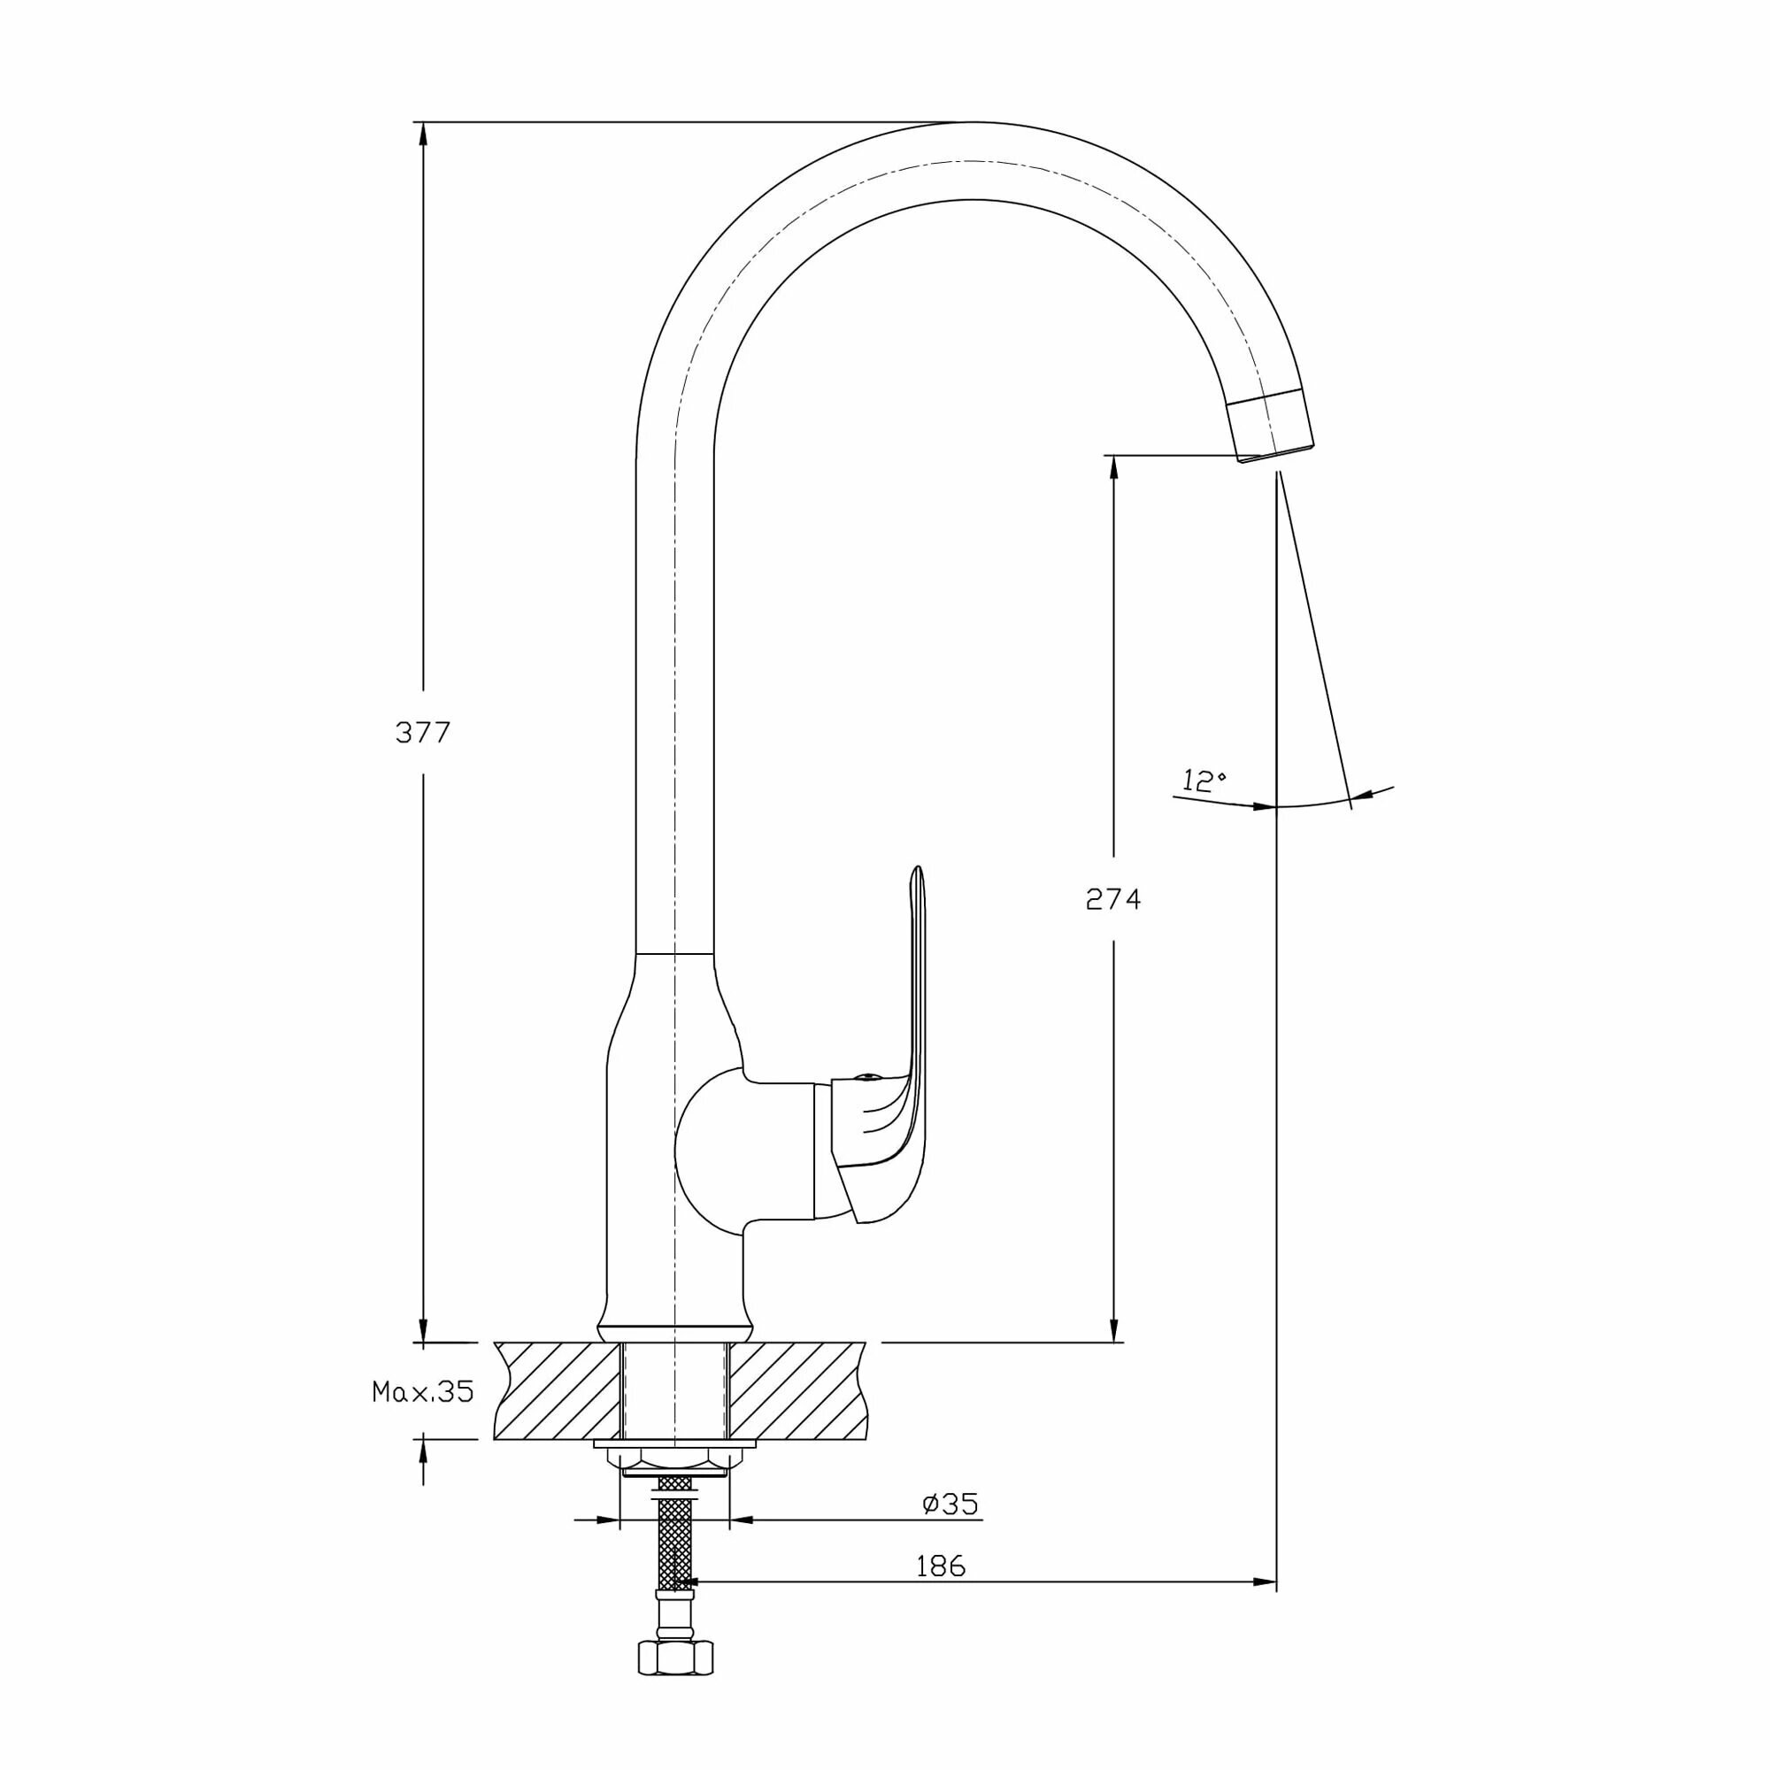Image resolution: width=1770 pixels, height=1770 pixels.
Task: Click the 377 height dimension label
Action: point(422,732)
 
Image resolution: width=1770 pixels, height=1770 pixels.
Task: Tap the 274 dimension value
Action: point(1113,900)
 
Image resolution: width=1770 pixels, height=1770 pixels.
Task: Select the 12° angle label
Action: point(1203,781)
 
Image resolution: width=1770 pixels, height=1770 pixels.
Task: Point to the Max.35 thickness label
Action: point(422,1391)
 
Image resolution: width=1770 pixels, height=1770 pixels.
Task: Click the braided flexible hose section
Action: point(675,1539)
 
